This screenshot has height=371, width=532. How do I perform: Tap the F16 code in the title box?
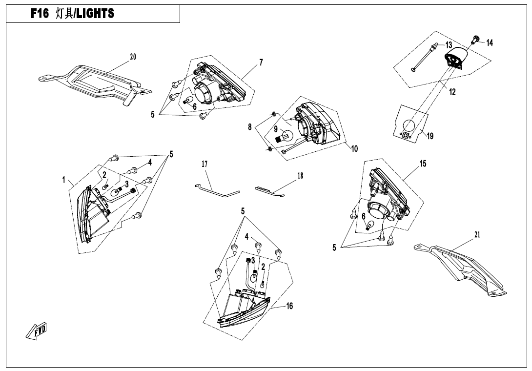click(x=40, y=14)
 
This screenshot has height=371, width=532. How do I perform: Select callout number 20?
click(x=133, y=57)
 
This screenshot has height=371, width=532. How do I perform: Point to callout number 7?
click(x=261, y=62)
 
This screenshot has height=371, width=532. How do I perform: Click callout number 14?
click(x=490, y=43)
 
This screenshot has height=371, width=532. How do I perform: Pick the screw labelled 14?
click(x=474, y=40)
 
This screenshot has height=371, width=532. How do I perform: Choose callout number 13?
click(x=449, y=45)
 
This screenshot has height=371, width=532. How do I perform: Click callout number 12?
click(x=452, y=92)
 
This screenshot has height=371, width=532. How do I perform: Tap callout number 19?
click(x=430, y=136)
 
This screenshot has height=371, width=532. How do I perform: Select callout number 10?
click(x=354, y=149)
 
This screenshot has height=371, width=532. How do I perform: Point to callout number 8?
click(x=250, y=127)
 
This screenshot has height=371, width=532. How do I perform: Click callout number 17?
click(x=204, y=165)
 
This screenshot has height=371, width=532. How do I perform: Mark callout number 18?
click(x=300, y=176)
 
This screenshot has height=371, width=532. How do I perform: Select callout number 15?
click(x=423, y=164)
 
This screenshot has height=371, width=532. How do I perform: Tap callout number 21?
click(x=477, y=234)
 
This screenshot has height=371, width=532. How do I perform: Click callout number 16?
click(x=289, y=306)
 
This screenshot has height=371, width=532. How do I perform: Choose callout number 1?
click(x=63, y=180)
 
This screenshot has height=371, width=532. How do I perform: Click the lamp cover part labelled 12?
click(x=456, y=59)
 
